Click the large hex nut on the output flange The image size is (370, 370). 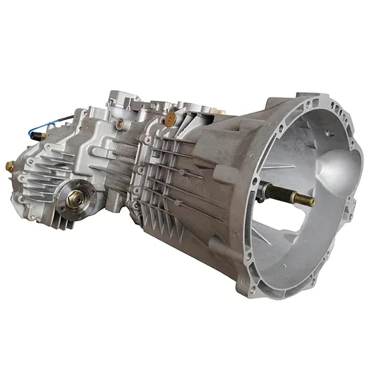coord(75,198)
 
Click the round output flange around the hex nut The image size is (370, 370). coord(75,198)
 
